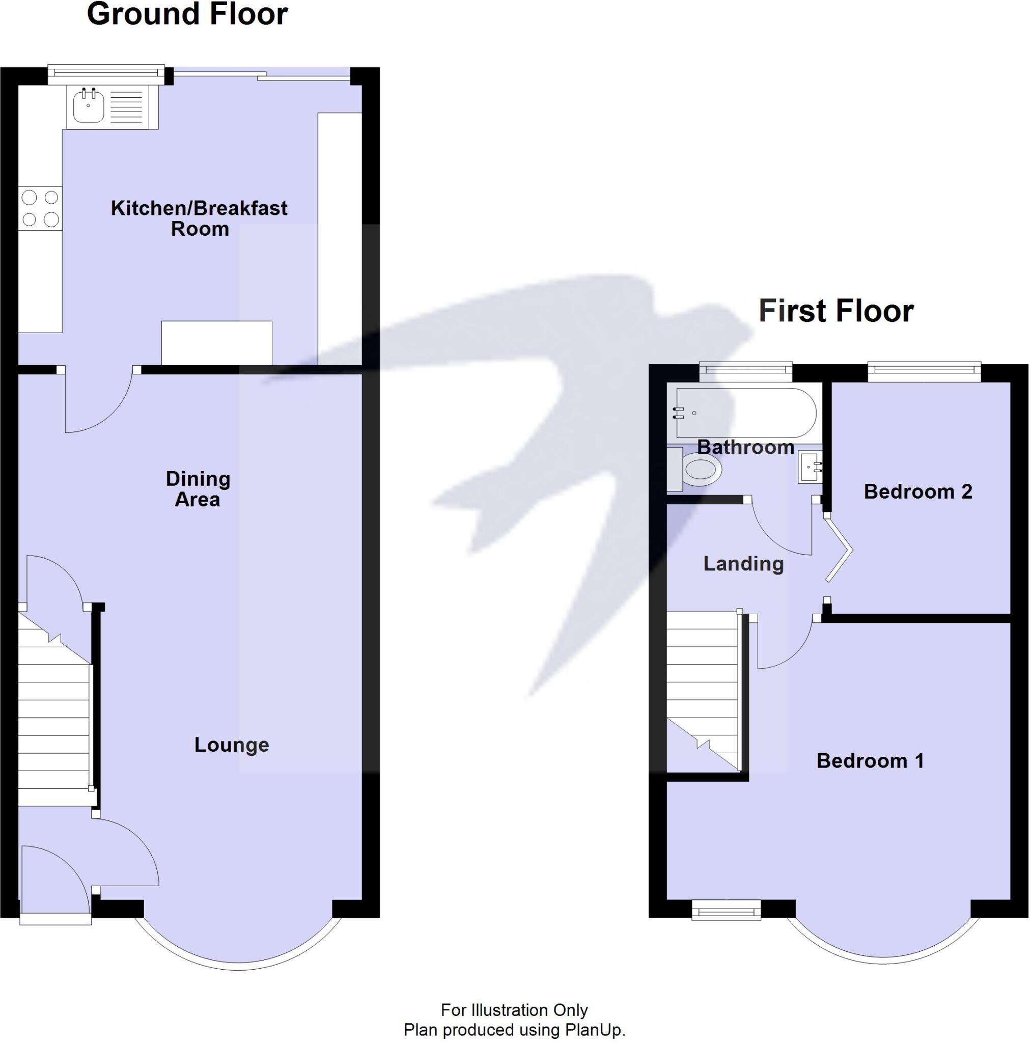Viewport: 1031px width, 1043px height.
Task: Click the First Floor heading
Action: (835, 311)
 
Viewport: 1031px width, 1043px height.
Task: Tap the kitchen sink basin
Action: (89, 106)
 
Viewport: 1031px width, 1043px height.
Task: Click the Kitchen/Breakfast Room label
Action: (199, 218)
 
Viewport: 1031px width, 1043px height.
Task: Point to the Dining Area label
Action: (198, 489)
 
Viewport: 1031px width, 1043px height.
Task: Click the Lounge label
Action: (232, 745)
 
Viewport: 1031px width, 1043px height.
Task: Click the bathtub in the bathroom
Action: (745, 413)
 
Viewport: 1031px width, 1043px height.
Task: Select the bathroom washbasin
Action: (810, 467)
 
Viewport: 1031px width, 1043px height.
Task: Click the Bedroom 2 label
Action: (917, 492)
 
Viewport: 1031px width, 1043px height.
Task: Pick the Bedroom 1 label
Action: (870, 761)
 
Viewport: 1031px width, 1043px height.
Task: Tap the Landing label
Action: (743, 564)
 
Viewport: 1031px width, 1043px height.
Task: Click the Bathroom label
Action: (745, 448)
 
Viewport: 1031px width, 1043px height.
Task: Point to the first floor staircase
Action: (702, 691)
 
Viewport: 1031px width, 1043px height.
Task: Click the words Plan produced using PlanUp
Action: (514, 1030)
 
